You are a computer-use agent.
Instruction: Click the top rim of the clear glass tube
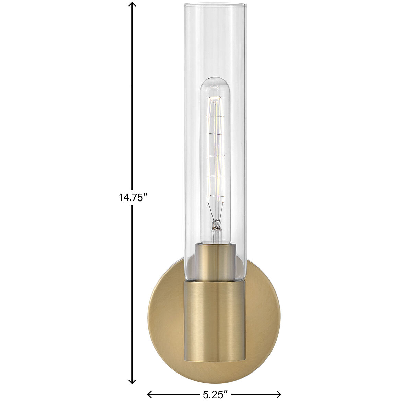215,6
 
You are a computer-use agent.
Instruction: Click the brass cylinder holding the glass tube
215,309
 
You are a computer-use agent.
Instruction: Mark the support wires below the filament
215,211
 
